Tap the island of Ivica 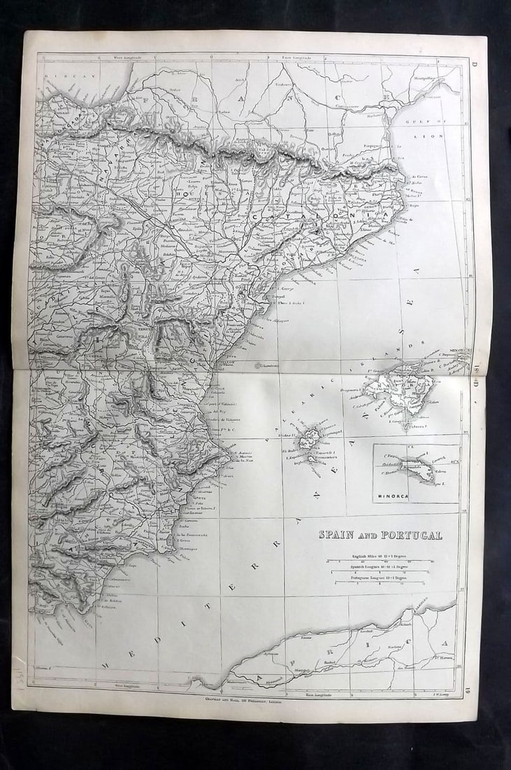(308, 441)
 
